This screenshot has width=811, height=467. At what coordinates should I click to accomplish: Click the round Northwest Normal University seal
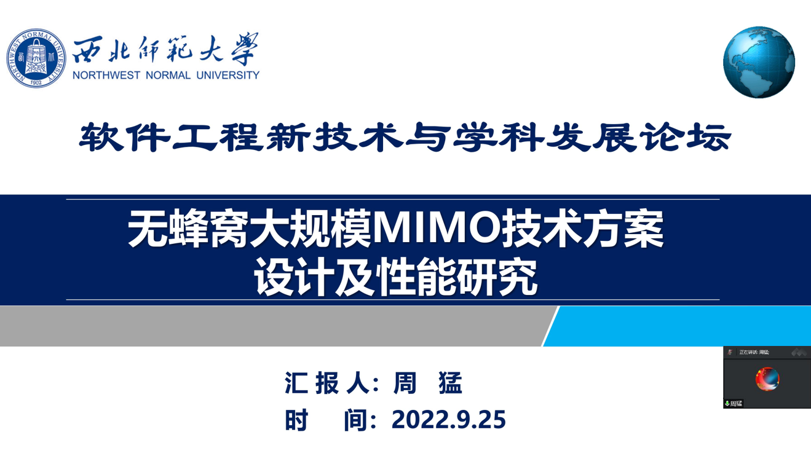pos(36,58)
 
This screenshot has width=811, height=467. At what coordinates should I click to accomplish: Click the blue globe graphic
pos(759,62)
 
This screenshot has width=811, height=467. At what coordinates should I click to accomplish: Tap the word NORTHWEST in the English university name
pos(106,75)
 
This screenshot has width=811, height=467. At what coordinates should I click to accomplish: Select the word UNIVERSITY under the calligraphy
pos(227,75)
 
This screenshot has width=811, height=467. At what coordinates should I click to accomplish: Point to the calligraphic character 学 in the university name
pos(245,49)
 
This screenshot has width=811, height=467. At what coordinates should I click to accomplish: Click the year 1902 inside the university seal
pos(36,82)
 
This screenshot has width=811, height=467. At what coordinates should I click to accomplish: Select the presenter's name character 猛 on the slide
pos(451,383)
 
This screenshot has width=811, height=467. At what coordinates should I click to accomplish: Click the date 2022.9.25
pos(449,420)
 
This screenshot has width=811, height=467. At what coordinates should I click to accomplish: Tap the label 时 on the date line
pos(296,420)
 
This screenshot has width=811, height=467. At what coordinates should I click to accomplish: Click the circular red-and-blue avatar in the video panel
pos(767,379)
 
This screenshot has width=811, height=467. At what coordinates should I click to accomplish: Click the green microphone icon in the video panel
pos(727,403)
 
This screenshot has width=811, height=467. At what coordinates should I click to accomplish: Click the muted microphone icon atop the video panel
pos(730,352)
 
